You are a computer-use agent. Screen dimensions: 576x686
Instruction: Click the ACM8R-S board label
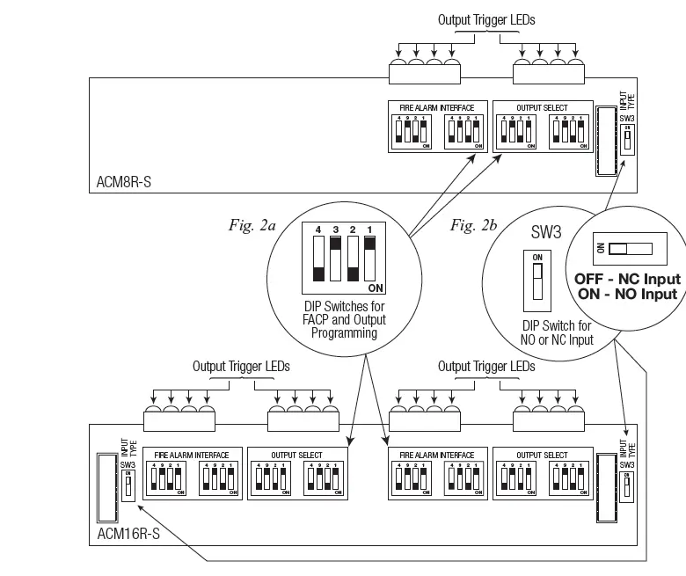tap(125, 185)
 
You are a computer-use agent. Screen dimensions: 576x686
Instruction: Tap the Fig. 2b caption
tap(474, 226)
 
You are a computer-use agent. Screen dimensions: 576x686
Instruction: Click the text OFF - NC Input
tap(626, 279)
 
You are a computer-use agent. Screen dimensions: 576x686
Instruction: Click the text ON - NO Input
tap(626, 294)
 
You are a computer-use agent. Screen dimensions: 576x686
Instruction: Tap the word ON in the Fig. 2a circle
tap(376, 288)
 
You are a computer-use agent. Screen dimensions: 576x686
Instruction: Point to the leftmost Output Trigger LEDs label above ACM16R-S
tap(240, 366)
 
